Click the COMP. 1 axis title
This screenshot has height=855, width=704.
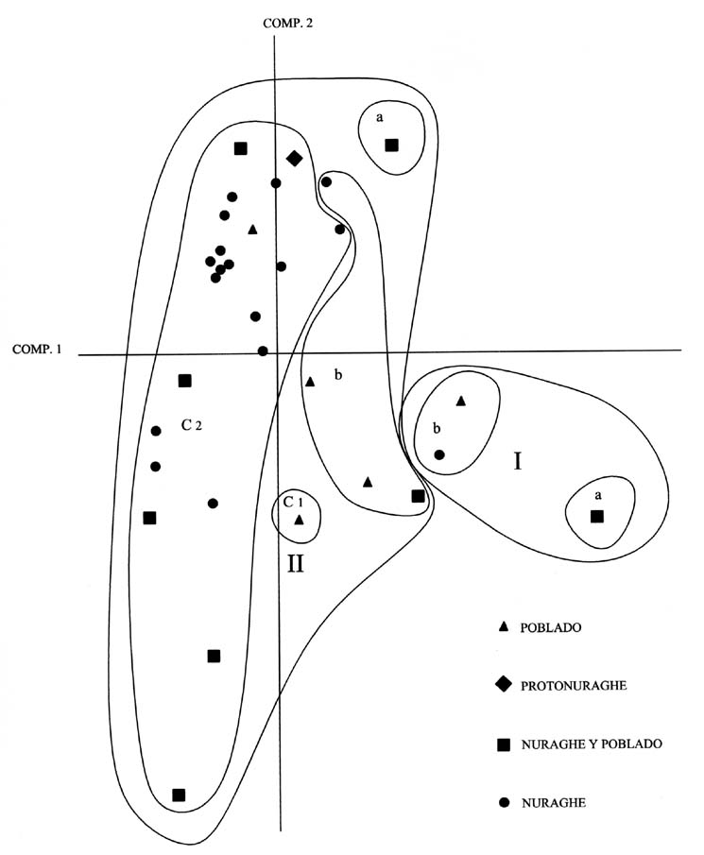[37, 349]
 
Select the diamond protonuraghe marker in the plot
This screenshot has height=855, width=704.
[294, 159]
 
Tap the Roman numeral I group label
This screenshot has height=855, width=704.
[517, 461]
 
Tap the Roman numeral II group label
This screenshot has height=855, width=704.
[295, 565]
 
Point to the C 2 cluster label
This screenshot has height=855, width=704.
[192, 425]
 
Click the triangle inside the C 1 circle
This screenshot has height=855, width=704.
[299, 520]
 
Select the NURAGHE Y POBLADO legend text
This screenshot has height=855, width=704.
[591, 744]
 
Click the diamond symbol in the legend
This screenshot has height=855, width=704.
[504, 685]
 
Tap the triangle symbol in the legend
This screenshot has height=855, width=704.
[504, 626]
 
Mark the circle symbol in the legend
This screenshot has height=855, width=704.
[504, 803]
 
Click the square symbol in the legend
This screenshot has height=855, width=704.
[504, 744]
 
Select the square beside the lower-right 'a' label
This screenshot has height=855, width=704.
[596, 516]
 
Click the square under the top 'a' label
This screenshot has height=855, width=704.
[391, 145]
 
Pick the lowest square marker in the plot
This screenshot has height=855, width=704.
[179, 795]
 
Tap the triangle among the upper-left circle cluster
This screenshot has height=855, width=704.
[252, 230]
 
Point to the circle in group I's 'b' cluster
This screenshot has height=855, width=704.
[439, 454]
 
